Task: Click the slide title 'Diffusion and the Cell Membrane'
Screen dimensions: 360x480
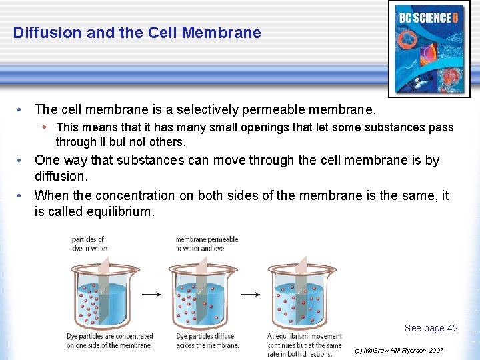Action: pyautogui.click(x=137, y=33)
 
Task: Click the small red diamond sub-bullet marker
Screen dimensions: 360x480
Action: pyautogui.click(x=45, y=127)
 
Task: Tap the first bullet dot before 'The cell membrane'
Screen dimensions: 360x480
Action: pyautogui.click(x=21, y=109)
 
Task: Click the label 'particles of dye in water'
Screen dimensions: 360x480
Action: pyautogui.click(x=89, y=243)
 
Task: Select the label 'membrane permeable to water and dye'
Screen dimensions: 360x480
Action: pyautogui.click(x=207, y=243)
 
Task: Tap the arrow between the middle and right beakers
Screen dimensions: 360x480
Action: pyautogui.click(x=249, y=294)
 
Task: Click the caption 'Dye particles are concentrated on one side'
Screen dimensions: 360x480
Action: pyautogui.click(x=109, y=341)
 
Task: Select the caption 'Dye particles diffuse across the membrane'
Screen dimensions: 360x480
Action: pyautogui.click(x=207, y=341)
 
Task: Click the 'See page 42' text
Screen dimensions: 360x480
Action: pyautogui.click(x=431, y=328)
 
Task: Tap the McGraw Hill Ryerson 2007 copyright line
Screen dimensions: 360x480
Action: pyautogui.click(x=399, y=350)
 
